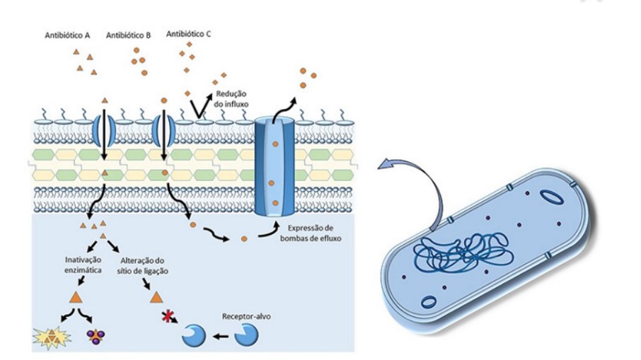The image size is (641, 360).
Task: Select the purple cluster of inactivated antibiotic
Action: [93, 337]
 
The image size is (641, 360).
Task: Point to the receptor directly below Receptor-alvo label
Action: [248, 335]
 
